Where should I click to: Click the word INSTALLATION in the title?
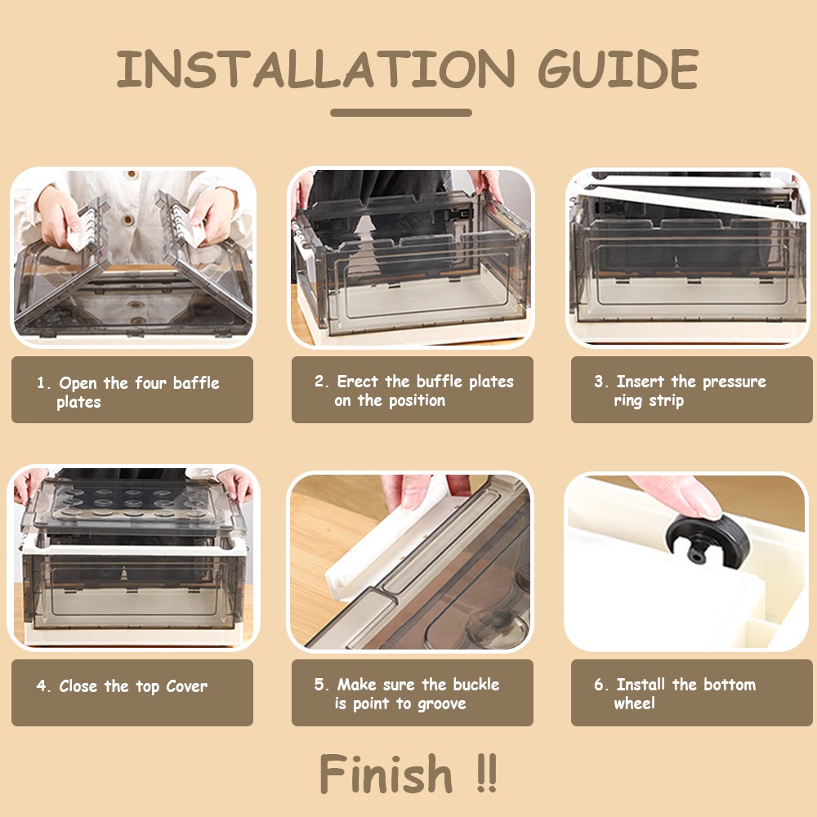coord(315,69)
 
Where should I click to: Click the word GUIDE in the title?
coord(618,69)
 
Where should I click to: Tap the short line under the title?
coord(401,113)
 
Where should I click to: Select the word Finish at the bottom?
coord(386,775)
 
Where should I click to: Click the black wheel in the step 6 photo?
coord(707,544)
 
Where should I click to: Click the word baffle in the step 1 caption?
coord(196,382)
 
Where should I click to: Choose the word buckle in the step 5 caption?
coord(475,684)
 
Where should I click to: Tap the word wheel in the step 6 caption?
coord(634,703)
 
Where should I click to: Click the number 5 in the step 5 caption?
coord(319,684)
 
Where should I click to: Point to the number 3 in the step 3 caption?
coord(599,382)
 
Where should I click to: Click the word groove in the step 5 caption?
coord(442,704)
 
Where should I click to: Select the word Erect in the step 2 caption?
coord(358,381)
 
